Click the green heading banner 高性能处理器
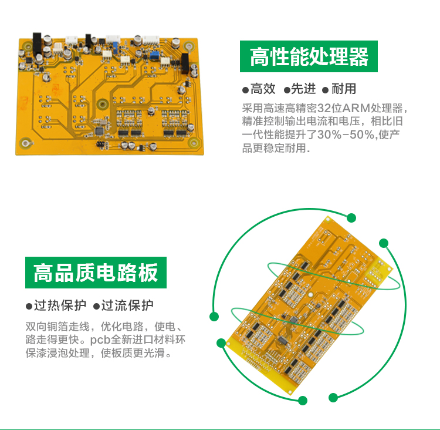click(309, 56)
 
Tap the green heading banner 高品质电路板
click(96, 273)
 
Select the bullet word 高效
click(263, 89)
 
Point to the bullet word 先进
click(303, 89)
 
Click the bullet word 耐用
click(344, 89)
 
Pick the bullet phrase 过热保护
click(60, 305)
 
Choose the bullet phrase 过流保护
click(127, 305)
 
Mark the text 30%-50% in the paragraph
click(346, 135)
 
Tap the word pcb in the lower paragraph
click(100, 340)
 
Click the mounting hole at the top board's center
click(103, 104)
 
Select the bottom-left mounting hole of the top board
click(26, 143)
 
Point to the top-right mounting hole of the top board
click(188, 46)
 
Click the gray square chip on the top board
click(100, 131)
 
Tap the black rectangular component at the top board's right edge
click(185, 63)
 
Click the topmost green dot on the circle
click(351, 218)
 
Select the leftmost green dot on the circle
click(214, 317)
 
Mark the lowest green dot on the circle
click(303, 401)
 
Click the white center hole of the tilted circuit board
click(310, 295)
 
